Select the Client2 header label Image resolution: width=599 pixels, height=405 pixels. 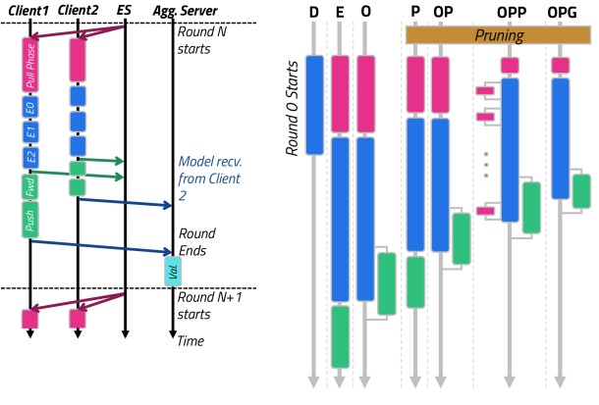point(76,10)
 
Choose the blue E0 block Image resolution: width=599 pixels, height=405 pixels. point(29,107)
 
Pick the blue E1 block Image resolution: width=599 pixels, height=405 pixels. point(29,131)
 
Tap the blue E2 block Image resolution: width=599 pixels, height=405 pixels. point(29,156)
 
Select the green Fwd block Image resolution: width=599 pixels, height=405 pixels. point(29,186)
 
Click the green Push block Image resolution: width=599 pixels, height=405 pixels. point(29,221)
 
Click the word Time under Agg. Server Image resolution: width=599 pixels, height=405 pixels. point(190,341)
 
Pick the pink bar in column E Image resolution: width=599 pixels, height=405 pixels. point(341,94)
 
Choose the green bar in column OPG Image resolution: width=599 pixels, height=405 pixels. point(581,190)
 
